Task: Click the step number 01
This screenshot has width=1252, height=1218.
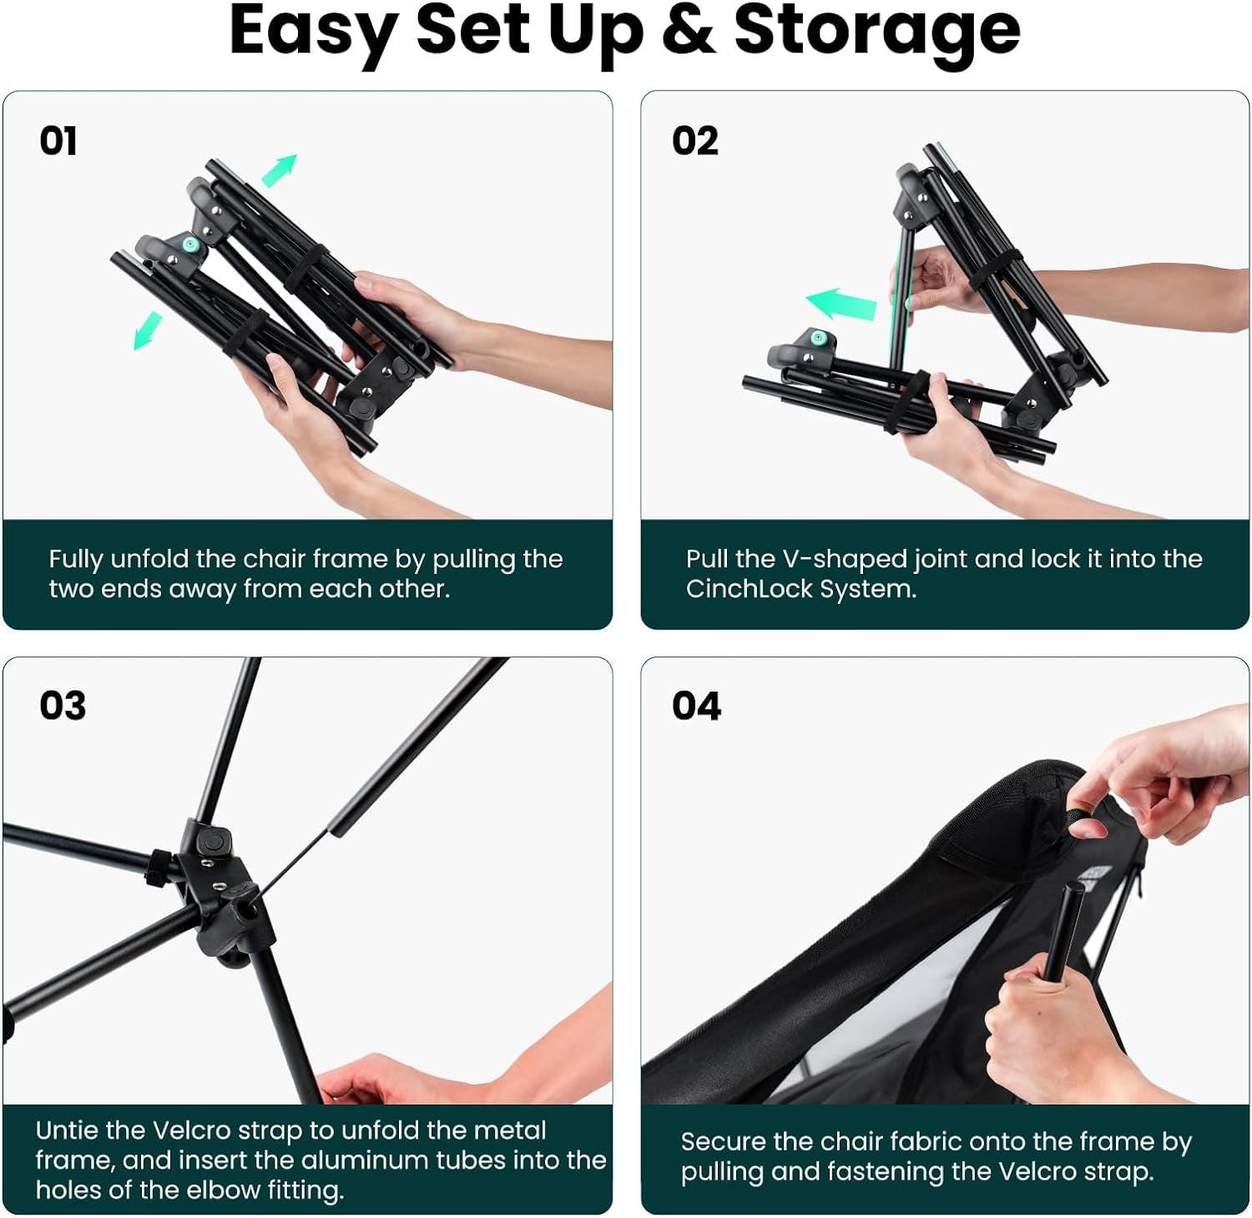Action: pyautogui.click(x=58, y=140)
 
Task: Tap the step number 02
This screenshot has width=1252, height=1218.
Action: pyautogui.click(x=694, y=140)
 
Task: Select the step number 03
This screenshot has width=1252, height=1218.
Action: pyautogui.click(x=63, y=706)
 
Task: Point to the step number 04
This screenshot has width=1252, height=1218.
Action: pyautogui.click(x=696, y=706)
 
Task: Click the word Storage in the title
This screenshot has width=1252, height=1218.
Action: pyautogui.click(x=876, y=32)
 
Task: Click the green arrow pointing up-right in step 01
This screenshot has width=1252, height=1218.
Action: pyautogui.click(x=280, y=170)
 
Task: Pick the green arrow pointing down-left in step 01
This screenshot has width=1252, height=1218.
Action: pyautogui.click(x=148, y=330)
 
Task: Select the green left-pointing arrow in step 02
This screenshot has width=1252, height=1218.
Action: pyautogui.click(x=841, y=304)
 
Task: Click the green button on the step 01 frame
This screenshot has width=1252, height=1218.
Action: pyautogui.click(x=190, y=244)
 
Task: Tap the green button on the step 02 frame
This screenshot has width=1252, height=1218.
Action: pyautogui.click(x=818, y=338)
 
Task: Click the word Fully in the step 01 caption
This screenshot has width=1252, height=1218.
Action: pyautogui.click(x=76, y=560)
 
